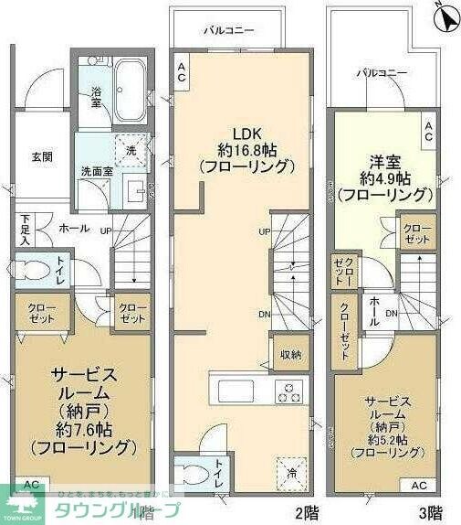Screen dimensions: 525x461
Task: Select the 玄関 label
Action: point(41,156)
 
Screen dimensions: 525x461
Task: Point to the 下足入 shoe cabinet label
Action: point(26,230)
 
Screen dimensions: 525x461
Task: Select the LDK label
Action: point(246,131)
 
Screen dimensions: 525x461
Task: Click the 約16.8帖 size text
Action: point(246,148)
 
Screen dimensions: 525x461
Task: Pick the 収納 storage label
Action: point(290,354)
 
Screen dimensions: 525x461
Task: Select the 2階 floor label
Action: point(305,512)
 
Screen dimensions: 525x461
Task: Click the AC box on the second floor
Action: point(182,72)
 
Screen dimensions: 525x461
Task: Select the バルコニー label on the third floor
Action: point(382,71)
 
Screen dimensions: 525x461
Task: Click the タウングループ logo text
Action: point(119,509)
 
